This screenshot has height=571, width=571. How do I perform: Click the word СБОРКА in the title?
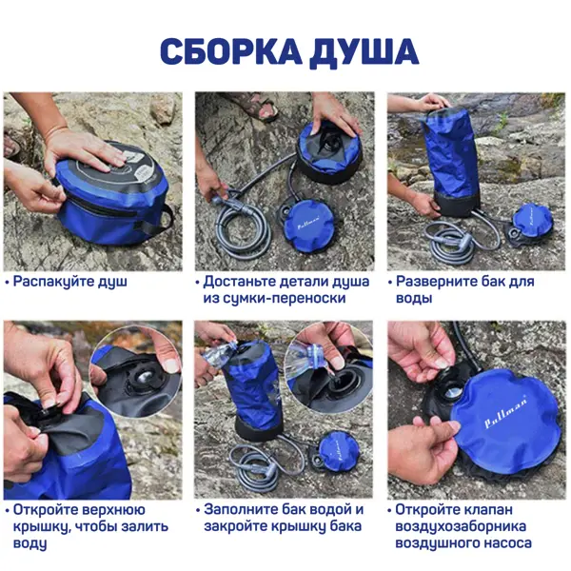[231, 51]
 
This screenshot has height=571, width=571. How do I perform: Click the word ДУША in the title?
[364, 51]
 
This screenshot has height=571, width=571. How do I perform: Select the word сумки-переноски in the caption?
[274, 298]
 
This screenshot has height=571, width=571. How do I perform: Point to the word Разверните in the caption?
[435, 282]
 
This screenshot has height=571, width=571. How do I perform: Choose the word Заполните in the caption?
[240, 509]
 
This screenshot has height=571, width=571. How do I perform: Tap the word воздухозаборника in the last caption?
[461, 526]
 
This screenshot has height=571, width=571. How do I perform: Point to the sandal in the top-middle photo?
[259, 105]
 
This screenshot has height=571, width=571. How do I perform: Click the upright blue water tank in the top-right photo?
[450, 159]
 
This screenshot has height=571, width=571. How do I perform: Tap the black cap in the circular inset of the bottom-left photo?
[145, 378]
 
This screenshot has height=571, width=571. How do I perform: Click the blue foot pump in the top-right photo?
[532, 221]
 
